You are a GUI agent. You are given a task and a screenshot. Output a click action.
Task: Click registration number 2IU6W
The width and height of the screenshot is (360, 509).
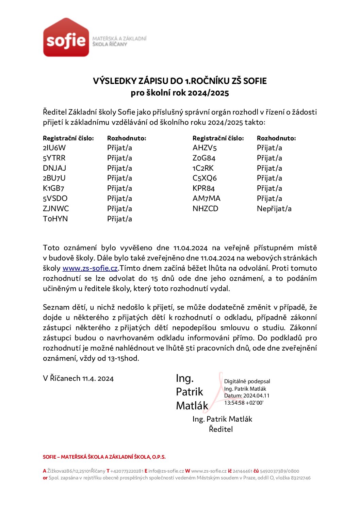click(x=54, y=148)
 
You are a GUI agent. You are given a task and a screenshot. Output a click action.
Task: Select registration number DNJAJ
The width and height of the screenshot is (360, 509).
click(x=54, y=168)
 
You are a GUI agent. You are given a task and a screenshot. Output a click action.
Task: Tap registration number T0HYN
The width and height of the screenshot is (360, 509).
click(x=55, y=219)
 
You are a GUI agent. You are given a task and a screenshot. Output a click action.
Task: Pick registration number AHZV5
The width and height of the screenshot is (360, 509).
click(x=204, y=148)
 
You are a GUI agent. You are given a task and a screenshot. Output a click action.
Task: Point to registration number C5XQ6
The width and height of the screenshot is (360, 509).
click(x=204, y=178)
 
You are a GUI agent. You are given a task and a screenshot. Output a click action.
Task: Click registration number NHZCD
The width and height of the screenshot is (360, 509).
click(x=205, y=208)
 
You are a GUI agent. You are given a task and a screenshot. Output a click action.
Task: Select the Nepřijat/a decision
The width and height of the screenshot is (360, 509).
click(x=274, y=208)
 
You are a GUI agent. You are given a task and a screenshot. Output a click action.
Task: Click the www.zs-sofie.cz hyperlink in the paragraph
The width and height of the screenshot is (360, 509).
click(x=90, y=268)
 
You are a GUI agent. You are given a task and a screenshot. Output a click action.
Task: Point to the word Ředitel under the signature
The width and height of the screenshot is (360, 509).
click(x=221, y=429)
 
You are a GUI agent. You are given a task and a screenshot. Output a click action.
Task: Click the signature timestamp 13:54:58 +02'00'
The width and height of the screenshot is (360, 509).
click(x=244, y=403)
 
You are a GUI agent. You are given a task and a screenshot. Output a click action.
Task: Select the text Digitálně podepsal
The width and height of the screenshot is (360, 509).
click(x=247, y=381)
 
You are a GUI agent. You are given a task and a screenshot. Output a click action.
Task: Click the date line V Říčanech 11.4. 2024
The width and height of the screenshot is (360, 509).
click(x=78, y=378)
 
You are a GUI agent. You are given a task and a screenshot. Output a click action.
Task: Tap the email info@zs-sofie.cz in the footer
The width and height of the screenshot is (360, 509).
click(x=166, y=471)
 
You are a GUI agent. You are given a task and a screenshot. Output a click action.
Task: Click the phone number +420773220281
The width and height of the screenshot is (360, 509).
click(x=127, y=471)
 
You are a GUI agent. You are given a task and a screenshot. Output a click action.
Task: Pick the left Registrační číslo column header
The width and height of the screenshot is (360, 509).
click(x=68, y=138)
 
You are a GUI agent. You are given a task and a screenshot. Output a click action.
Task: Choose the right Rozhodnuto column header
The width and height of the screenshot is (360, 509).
click(x=276, y=138)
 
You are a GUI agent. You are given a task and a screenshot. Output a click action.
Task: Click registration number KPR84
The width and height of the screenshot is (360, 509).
click(x=204, y=188)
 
